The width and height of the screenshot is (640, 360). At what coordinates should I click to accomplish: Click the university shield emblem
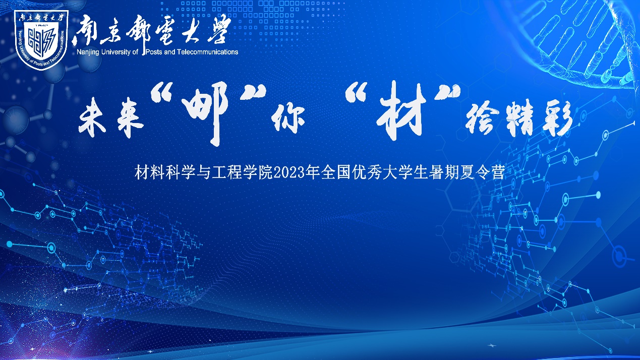[x=41, y=39]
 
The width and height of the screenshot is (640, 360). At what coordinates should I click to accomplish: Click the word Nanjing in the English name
[x=88, y=52]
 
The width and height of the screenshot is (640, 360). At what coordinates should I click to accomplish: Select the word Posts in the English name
[x=154, y=52]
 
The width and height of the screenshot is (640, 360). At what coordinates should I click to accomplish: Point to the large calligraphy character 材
[x=400, y=111]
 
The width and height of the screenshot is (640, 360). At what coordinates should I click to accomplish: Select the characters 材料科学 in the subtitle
[x=165, y=172]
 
